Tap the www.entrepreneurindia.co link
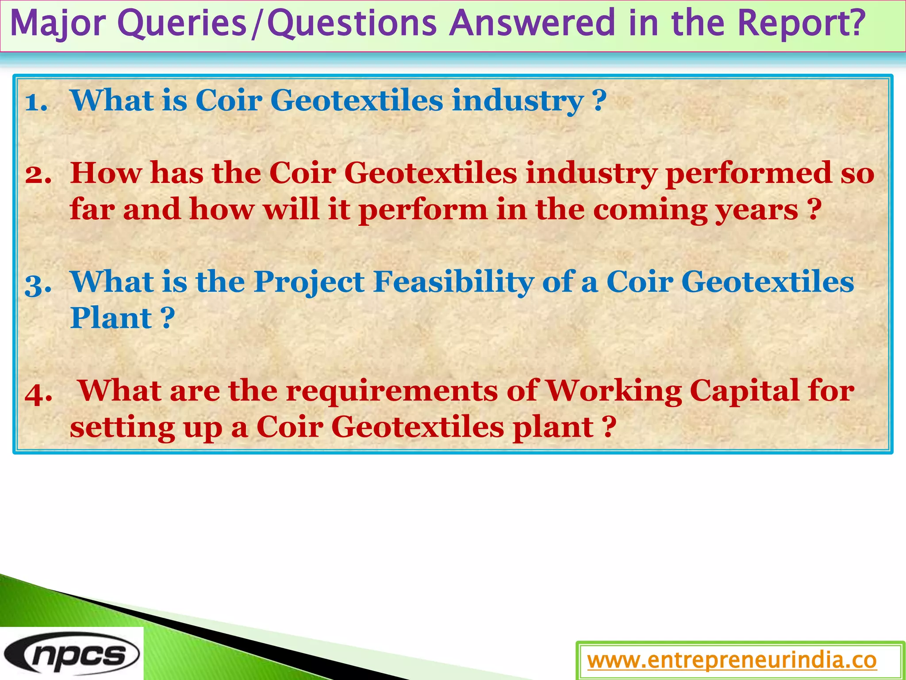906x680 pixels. coord(732,661)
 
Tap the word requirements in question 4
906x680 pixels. coord(392,391)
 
